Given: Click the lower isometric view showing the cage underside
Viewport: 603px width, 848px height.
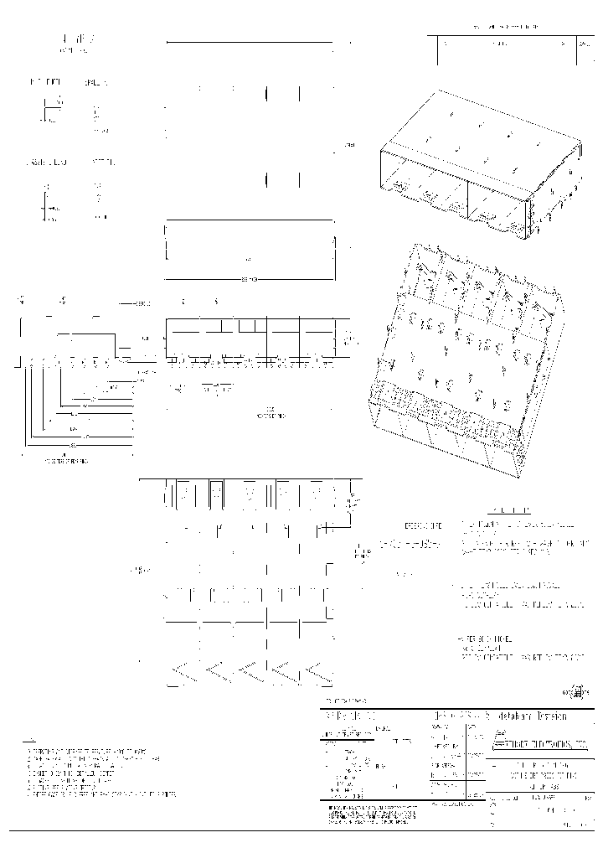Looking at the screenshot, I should point(466,360).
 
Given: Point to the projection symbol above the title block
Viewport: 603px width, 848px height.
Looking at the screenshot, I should point(576,692).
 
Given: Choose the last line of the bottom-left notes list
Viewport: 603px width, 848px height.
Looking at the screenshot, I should point(101,793).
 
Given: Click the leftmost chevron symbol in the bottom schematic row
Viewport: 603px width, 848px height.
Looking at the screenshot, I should point(183,671).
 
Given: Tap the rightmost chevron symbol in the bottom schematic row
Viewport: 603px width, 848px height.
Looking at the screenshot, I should point(319,671).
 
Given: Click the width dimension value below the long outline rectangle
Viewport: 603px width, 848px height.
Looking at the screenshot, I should point(248,278).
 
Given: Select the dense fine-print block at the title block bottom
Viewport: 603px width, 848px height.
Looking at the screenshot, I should point(374,814).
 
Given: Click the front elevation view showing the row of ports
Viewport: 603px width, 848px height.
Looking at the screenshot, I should point(250,339).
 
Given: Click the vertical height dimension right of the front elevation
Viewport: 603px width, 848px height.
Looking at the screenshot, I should point(352,339).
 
